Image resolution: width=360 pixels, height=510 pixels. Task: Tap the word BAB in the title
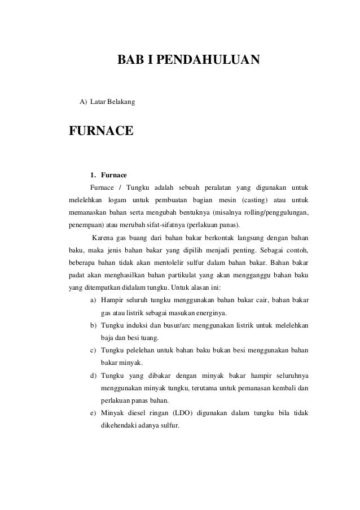coord(127,59)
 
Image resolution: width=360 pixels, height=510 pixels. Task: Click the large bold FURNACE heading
coord(101,131)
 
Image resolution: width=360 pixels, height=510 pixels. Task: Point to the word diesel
coord(136,413)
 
